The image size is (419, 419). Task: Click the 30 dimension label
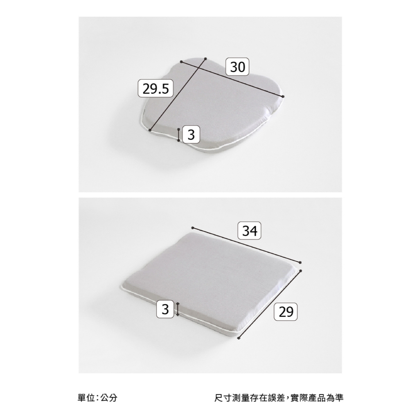(237, 67)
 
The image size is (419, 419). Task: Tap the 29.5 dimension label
(155, 88)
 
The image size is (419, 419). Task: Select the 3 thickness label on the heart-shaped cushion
(191, 134)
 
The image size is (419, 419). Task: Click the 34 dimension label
(249, 231)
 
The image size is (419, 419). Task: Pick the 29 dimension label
(286, 311)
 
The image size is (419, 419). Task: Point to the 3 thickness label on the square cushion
(165, 309)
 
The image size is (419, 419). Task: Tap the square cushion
(211, 283)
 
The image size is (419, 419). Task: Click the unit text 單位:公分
(97, 398)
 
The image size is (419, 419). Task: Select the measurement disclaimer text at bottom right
(279, 398)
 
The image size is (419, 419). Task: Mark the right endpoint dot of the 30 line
(283, 97)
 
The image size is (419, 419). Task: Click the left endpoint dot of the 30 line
(181, 62)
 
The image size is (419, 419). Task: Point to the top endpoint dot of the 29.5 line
(205, 59)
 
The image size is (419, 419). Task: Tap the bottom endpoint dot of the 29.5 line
(150, 130)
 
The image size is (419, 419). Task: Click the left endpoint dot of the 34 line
(192, 228)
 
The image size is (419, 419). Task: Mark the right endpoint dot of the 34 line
(300, 262)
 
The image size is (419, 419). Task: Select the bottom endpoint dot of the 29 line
(239, 338)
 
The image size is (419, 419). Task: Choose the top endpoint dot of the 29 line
(301, 271)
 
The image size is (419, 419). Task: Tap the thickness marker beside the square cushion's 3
(178, 309)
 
